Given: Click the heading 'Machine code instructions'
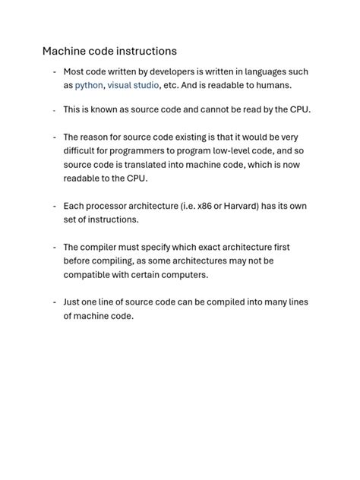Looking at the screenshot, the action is [109, 51].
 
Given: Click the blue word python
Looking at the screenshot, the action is [89, 85].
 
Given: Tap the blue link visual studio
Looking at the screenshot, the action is [133, 85].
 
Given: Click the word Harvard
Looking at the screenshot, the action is [238, 206].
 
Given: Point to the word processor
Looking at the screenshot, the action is [108, 206].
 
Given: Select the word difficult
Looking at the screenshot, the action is [81, 151].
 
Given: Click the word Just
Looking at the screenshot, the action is [73, 302].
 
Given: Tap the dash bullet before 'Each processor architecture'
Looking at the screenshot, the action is [54, 206].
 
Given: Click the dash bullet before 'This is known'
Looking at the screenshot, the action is [54, 110].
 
